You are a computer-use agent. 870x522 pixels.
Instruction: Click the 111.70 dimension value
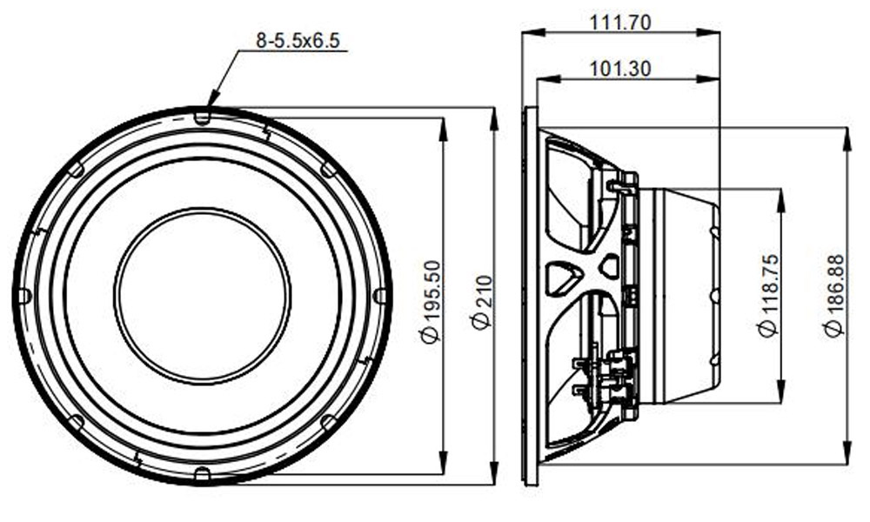(x=619, y=23)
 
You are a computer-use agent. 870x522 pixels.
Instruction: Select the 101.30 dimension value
(x=619, y=70)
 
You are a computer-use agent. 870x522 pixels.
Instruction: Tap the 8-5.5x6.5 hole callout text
(x=298, y=41)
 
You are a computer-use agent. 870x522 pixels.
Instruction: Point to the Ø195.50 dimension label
(x=432, y=302)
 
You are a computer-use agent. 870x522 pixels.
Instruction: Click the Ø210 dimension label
(x=482, y=303)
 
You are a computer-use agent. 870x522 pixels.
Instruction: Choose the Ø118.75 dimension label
(x=768, y=296)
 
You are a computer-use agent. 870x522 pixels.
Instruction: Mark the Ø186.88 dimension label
(x=833, y=296)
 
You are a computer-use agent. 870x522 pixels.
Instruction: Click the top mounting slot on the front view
(x=203, y=117)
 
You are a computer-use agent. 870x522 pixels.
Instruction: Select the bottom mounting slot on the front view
(x=203, y=474)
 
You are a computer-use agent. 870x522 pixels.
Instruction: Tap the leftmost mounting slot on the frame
(x=24, y=296)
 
